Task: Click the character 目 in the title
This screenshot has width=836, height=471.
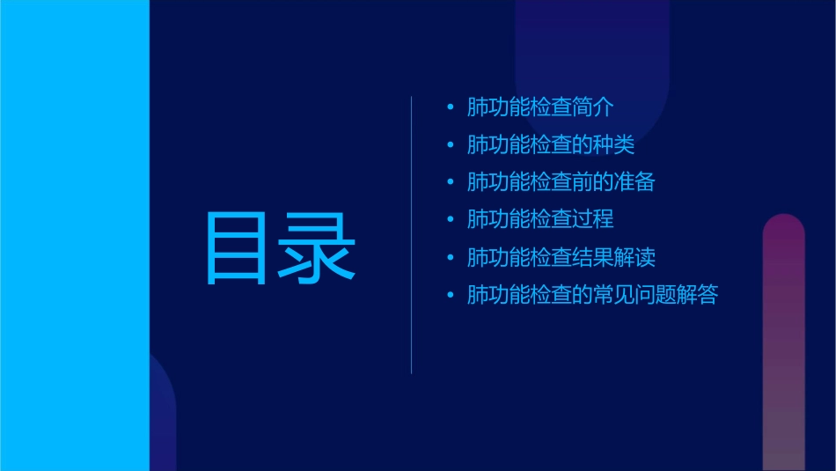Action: [x=236, y=248]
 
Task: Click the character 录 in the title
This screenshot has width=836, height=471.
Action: [x=318, y=248]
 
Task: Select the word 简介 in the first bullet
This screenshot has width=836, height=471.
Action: [x=592, y=107]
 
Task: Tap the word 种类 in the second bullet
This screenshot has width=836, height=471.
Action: [x=613, y=145]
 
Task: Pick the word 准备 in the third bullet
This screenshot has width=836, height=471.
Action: [x=634, y=182]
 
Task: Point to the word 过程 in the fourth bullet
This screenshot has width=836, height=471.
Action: [x=592, y=219]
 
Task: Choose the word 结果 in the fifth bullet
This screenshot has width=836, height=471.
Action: [x=592, y=257]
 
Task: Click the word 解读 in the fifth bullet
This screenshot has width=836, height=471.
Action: [x=634, y=257]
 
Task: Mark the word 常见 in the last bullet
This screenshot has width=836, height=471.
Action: [x=613, y=294]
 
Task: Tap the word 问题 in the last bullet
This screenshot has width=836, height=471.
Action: [x=656, y=294]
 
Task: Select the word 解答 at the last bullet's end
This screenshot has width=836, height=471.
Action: [x=697, y=294]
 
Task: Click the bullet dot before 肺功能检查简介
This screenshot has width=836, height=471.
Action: [x=451, y=107]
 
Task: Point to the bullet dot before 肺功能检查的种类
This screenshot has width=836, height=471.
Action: [x=451, y=145]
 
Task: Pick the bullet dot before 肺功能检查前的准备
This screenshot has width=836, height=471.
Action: [x=451, y=182]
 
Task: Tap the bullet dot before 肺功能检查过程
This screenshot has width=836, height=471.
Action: [x=451, y=219]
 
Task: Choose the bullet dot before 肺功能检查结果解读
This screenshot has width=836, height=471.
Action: [x=451, y=257]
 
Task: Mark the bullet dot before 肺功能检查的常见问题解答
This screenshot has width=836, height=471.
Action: [x=451, y=294]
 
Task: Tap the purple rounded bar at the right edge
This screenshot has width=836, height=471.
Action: [x=783, y=343]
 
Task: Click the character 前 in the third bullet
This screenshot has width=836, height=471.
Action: [x=582, y=182]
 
